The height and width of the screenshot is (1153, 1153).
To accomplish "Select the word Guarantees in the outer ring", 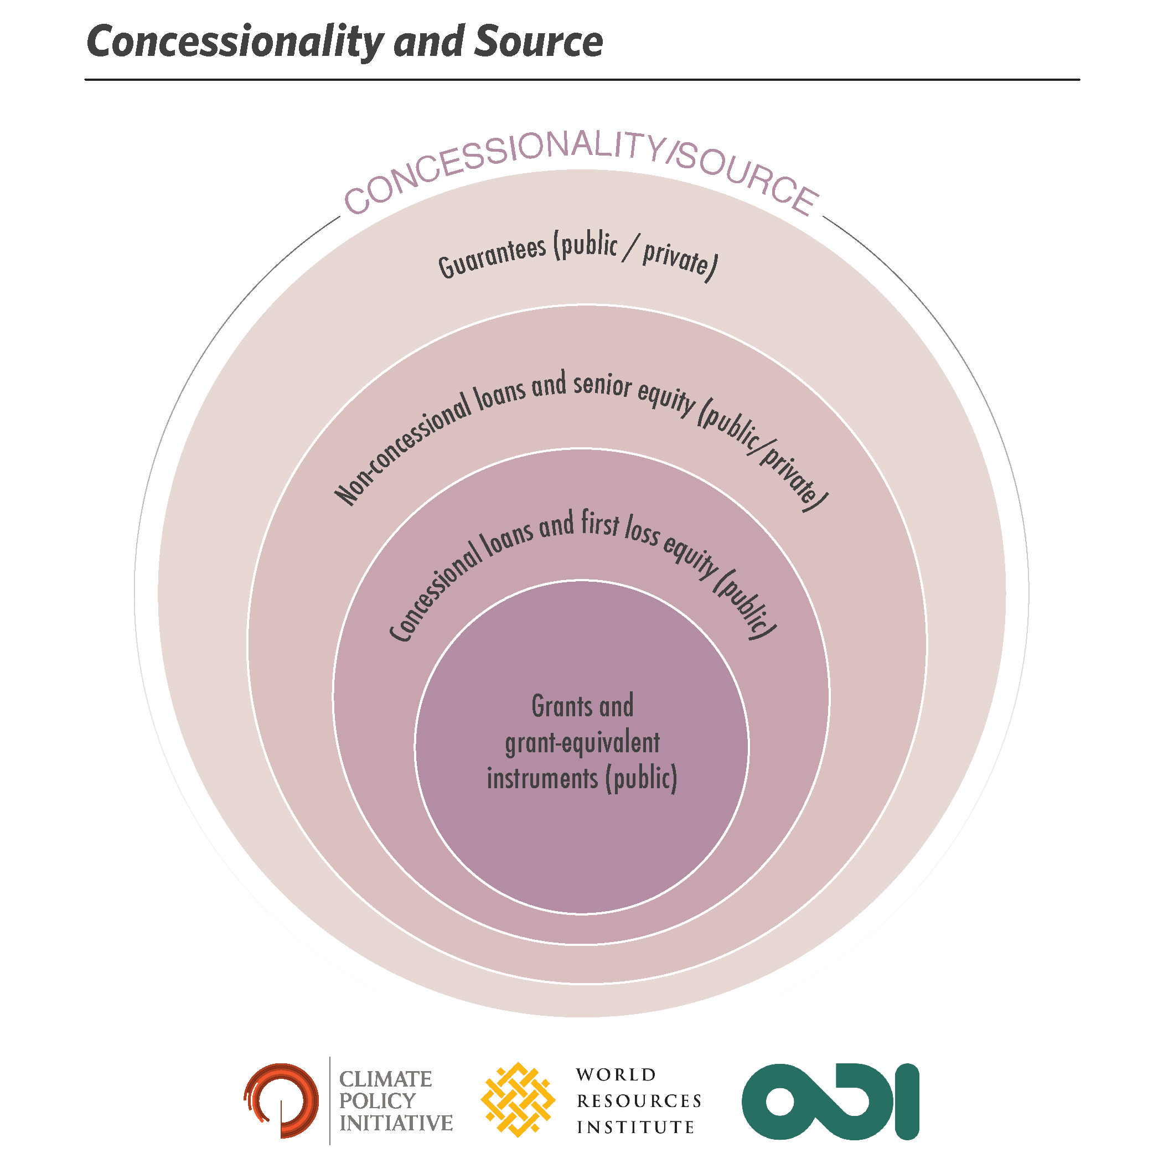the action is coord(492,257).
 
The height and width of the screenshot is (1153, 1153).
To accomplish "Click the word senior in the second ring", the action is coord(602,384).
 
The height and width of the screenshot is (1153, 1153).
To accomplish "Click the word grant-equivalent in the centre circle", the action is coord(582,743).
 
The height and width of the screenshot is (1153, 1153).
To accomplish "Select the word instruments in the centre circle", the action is coord(542,779).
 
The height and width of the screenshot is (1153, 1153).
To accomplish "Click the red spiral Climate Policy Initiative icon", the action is coord(281,1100).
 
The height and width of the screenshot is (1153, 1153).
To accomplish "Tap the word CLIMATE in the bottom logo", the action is coord(385,1079).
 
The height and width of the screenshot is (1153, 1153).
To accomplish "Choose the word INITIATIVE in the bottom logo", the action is coord(396,1123).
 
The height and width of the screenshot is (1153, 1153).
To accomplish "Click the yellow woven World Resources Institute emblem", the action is coord(518,1099).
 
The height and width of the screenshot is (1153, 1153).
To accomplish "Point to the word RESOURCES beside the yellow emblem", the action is coord(639,1100).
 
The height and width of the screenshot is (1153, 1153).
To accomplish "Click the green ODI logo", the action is coord(830,1101).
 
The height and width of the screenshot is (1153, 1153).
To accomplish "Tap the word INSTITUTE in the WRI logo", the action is coord(635,1127).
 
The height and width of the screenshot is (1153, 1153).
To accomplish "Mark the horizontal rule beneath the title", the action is coord(582,79).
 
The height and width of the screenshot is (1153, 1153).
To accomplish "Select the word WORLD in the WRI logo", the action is coord(616,1075).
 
